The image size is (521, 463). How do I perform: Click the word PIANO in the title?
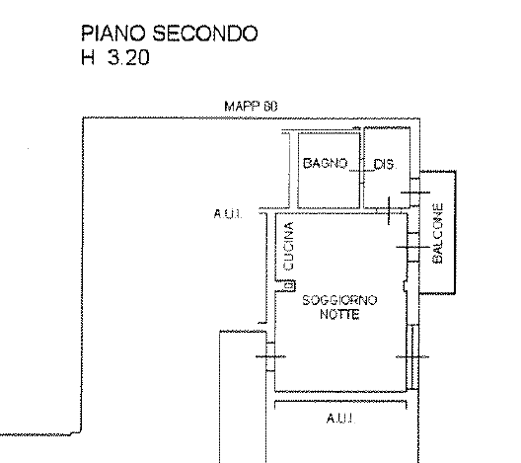pos(113,34)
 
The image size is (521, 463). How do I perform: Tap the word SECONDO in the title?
pos(205,34)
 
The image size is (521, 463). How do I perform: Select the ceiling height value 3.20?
pos(128,57)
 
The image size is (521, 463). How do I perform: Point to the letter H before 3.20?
pos(88,57)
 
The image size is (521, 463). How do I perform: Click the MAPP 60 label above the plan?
pos(251,107)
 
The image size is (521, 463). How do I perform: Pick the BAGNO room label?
pos(326,163)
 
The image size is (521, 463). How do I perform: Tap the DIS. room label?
pos(386,164)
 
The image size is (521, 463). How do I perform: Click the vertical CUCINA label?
pos(288,246)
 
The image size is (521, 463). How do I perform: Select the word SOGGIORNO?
pos(339,300)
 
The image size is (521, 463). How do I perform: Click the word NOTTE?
pos(339,314)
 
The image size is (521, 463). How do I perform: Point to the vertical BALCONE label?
pos(438,234)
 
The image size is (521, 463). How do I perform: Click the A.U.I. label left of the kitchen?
pos(228,213)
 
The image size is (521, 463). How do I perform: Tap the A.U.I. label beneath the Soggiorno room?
pos(340,419)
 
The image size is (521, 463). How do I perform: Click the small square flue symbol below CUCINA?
pos(289,285)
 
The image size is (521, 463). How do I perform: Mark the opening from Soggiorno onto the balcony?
pos(413,247)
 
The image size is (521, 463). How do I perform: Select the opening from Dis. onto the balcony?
pos(414,193)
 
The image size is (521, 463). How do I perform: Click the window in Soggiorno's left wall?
pos(270,356)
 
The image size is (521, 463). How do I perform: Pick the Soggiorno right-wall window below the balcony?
pos(412,356)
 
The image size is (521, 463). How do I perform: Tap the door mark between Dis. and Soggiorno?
pos(389,210)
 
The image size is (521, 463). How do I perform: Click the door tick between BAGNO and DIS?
pos(362,171)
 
